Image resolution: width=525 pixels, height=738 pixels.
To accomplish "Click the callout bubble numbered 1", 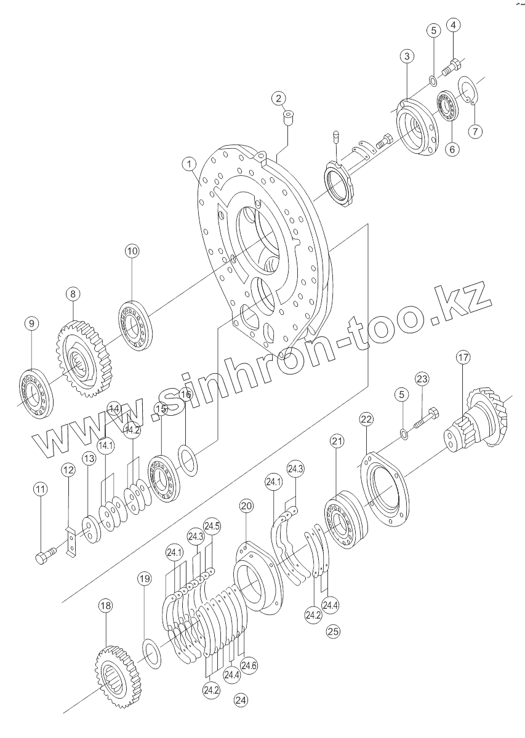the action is pyautogui.click(x=189, y=164).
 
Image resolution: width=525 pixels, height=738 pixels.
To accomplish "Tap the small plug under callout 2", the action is pyautogui.click(x=287, y=116).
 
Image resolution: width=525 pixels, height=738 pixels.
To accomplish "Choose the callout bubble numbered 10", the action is pyautogui.click(x=133, y=251).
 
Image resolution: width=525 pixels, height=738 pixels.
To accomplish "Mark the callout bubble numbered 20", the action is pyautogui.click(x=246, y=506).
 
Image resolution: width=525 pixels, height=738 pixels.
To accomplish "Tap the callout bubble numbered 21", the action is pyautogui.click(x=337, y=441).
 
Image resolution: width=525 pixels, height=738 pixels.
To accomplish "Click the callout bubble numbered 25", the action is pyautogui.click(x=333, y=630).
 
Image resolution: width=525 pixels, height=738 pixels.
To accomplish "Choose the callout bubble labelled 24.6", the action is pyautogui.click(x=249, y=665).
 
